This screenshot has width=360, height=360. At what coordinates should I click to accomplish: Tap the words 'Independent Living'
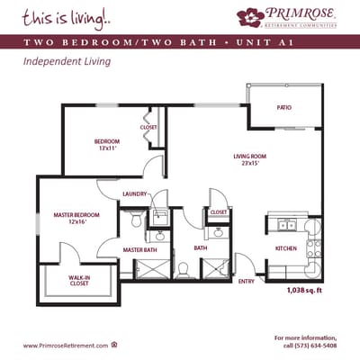click(60, 63)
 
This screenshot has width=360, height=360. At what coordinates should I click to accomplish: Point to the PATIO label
click(283, 108)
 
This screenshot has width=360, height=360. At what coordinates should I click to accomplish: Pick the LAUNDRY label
click(134, 193)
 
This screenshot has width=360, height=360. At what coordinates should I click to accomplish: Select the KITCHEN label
click(286, 247)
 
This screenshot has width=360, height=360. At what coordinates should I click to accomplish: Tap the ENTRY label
click(246, 283)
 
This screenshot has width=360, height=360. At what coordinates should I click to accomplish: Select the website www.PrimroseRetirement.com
click(66, 345)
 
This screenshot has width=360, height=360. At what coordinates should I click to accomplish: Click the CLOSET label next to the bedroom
click(148, 127)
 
